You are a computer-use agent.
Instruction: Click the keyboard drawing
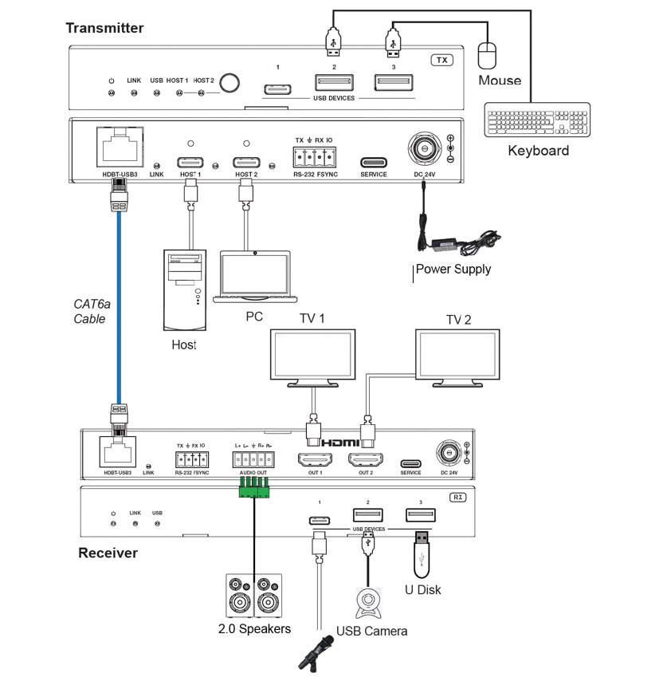538,121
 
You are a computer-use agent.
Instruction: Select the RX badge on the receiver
458,497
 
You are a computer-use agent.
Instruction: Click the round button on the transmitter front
230,83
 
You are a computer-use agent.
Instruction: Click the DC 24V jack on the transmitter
422,148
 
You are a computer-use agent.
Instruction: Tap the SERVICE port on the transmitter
373,163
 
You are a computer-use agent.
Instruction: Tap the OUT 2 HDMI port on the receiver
365,460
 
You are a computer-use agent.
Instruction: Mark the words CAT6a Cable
90,312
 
